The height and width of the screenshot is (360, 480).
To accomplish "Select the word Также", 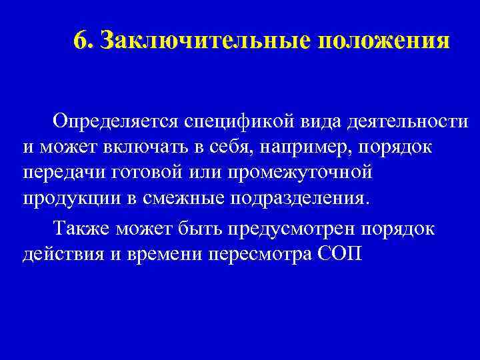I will pos(82,229).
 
